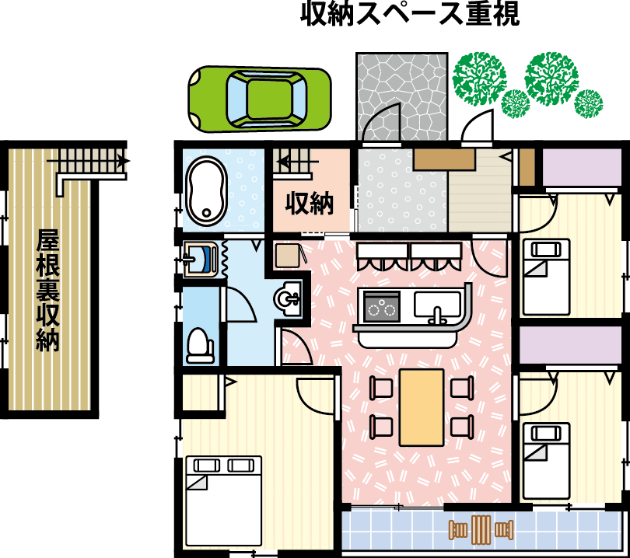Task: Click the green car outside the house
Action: [260, 99]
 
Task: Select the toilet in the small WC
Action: [200, 345]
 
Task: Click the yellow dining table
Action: [422, 407]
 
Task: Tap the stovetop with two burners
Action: [381, 306]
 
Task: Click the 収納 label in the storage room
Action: [310, 203]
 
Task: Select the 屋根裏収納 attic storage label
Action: [47, 290]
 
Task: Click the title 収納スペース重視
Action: [410, 14]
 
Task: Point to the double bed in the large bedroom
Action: [224, 500]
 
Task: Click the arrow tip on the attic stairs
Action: [128, 162]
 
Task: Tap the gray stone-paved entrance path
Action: [402, 96]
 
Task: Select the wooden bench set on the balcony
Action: [481, 530]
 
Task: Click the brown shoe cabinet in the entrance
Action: [445, 160]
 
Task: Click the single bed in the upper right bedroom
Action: [546, 277]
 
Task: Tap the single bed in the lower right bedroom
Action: [546, 460]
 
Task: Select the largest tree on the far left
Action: [479, 78]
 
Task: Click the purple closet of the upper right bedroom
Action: [582, 167]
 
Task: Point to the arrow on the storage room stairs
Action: [297, 162]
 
